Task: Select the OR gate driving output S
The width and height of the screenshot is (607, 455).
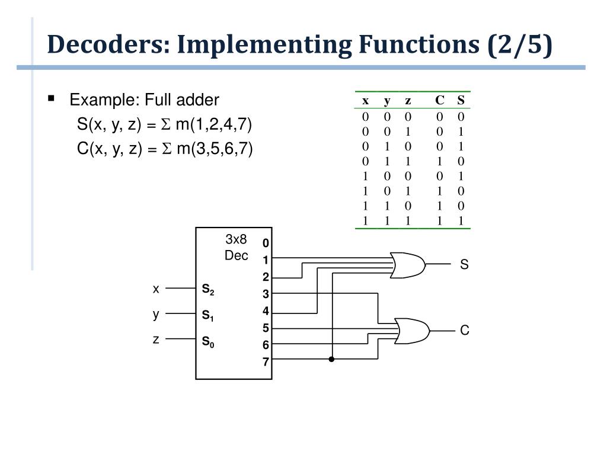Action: [408, 265]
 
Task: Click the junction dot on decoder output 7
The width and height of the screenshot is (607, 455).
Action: [332, 359]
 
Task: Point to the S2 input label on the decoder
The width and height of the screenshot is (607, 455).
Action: [208, 290]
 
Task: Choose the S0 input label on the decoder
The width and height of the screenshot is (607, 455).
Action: [208, 341]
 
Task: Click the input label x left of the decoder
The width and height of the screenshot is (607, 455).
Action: [156, 289]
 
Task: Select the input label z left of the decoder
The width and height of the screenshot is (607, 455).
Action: [156, 339]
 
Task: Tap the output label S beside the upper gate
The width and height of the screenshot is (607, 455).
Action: [464, 265]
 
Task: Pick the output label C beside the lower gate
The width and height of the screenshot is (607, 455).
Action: [465, 331]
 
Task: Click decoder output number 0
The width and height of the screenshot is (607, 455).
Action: [266, 243]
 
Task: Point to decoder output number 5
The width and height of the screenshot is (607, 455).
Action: [266, 328]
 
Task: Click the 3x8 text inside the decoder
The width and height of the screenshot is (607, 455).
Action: [236, 240]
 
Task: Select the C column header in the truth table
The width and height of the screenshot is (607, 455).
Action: [439, 100]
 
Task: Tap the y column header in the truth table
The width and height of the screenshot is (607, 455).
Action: [387, 101]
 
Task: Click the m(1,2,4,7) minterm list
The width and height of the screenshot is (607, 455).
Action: [213, 125]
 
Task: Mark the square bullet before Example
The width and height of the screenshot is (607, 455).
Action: [52, 98]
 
